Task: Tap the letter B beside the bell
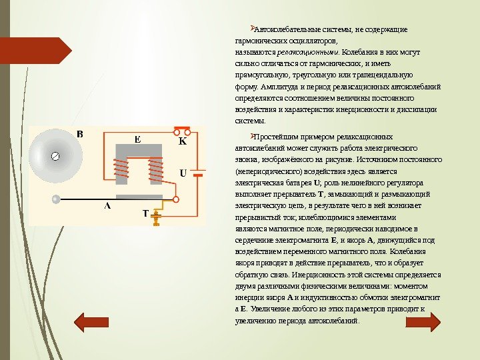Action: click(x=80, y=135)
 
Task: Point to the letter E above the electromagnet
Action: click(x=137, y=140)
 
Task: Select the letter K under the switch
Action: click(x=182, y=142)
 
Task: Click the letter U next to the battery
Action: click(x=183, y=173)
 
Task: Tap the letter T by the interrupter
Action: click(x=145, y=214)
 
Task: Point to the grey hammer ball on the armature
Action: click(x=57, y=198)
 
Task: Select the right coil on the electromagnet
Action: click(x=156, y=171)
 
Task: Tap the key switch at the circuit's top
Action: click(x=182, y=129)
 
